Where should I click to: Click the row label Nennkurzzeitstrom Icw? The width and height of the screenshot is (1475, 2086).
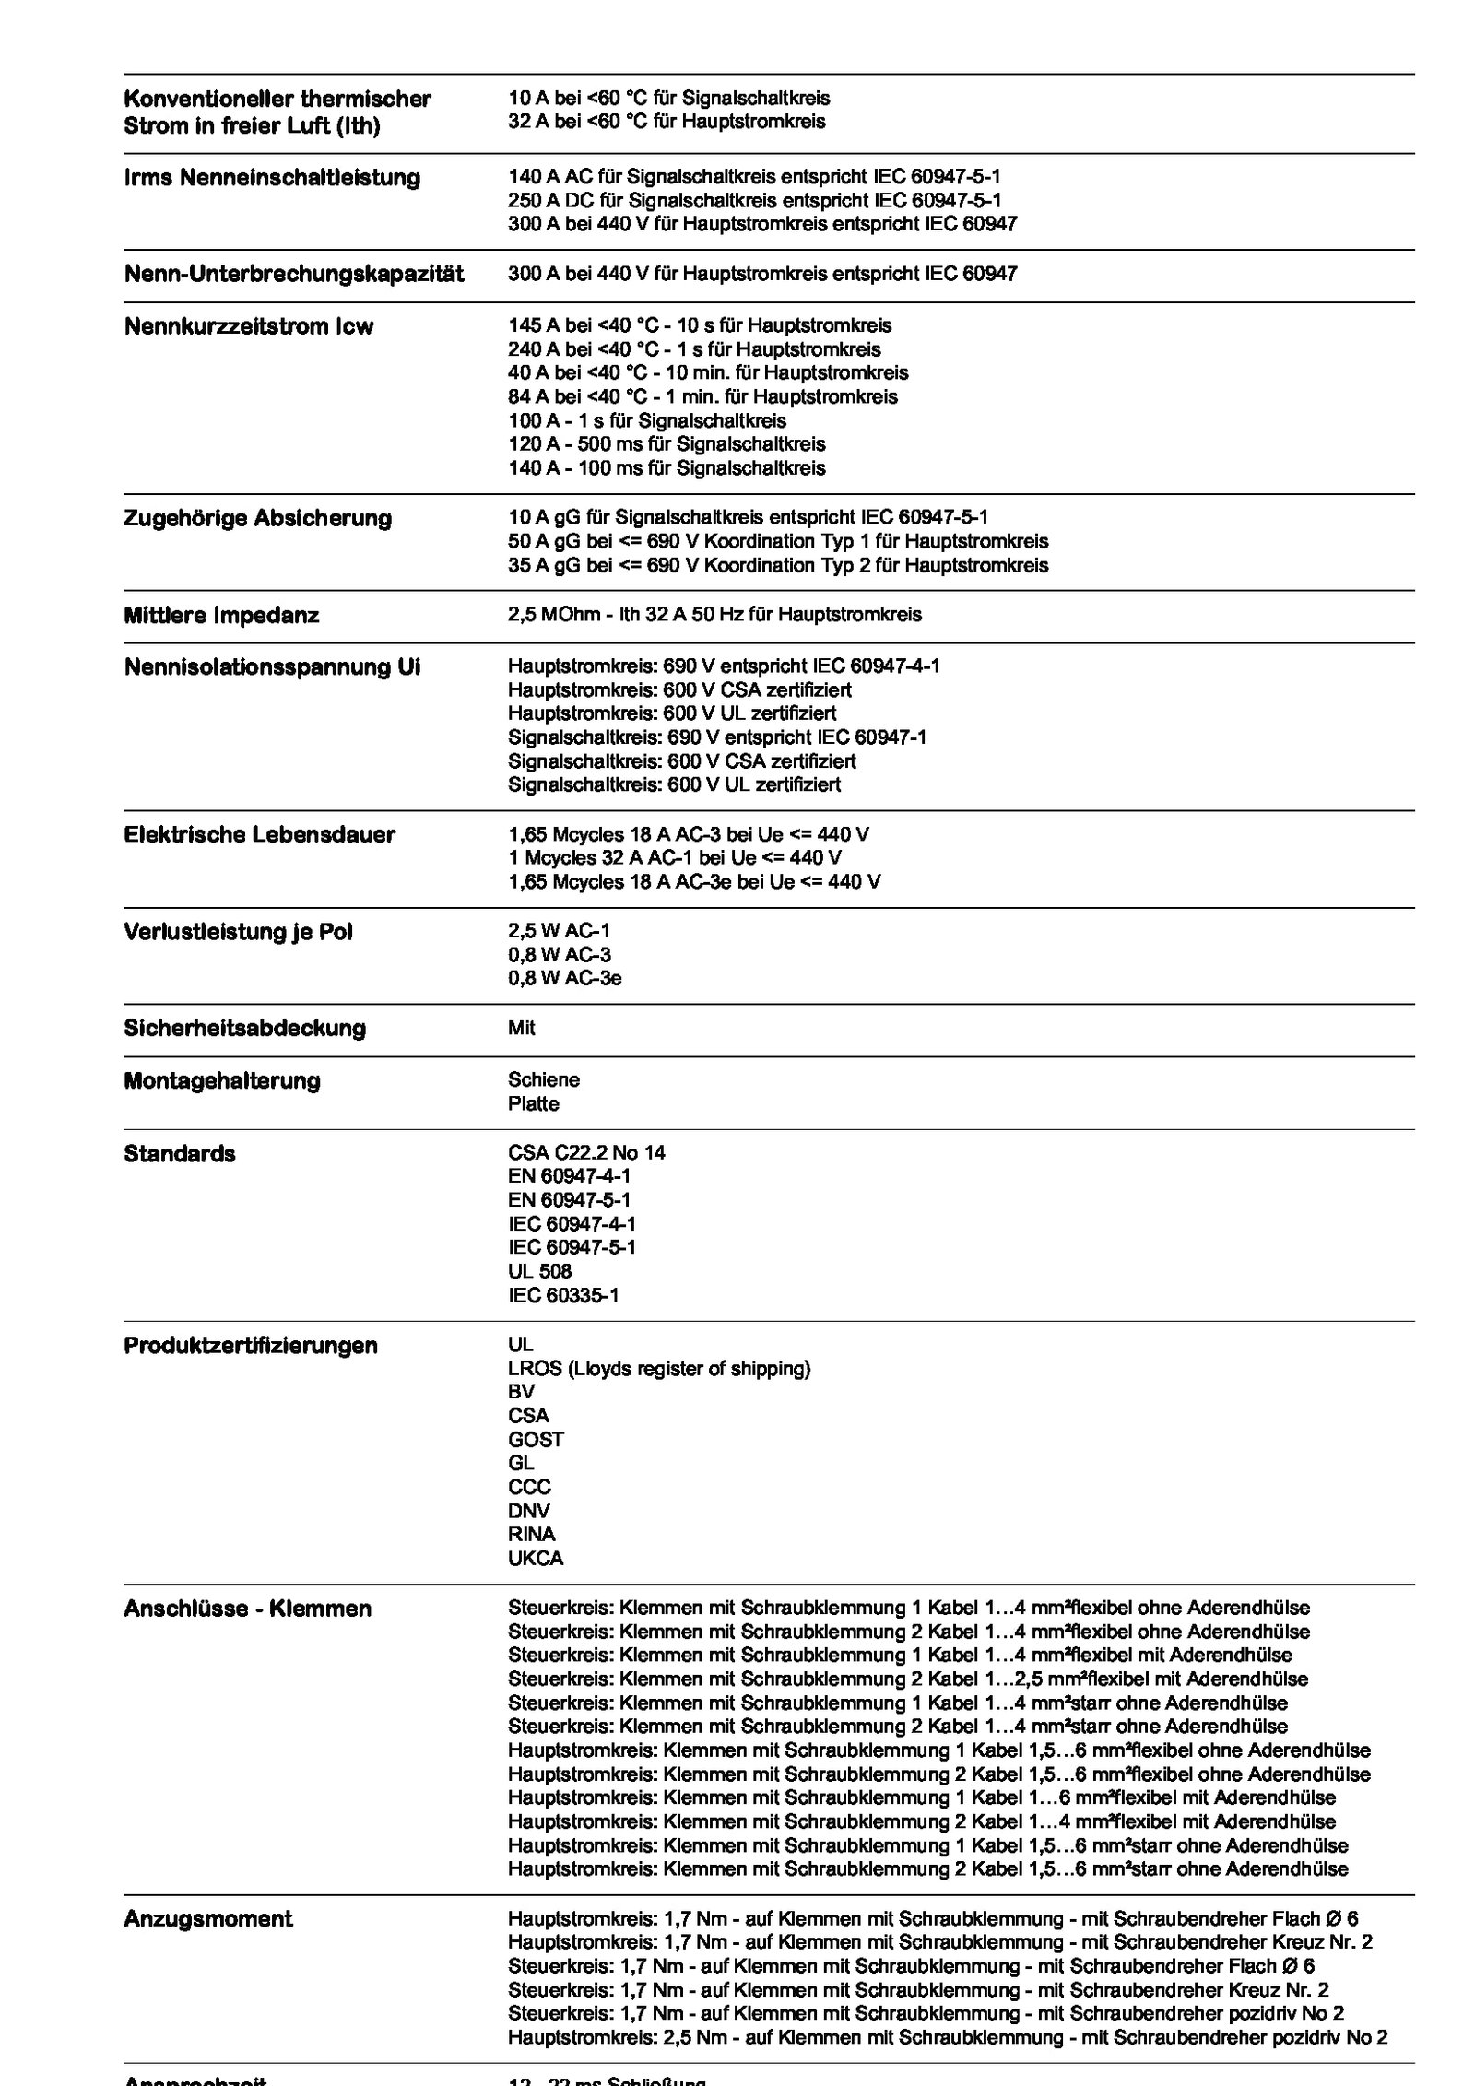coord(248,327)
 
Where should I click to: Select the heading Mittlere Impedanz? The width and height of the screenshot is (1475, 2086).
coord(221,615)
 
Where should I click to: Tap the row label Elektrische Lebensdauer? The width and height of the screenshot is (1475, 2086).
coord(259,835)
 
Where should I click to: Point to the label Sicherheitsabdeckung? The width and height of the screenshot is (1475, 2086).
coord(244,1028)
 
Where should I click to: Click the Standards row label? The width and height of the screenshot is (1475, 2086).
coord(179,1154)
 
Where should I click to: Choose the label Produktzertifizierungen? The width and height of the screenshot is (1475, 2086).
coord(251,1346)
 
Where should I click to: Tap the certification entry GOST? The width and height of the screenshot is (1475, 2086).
coord(536,1440)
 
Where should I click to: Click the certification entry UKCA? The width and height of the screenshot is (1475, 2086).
coord(536,1559)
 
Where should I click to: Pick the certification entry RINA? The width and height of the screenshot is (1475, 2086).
coord(532,1535)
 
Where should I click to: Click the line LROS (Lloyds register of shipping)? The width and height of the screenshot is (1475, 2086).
coord(659,1369)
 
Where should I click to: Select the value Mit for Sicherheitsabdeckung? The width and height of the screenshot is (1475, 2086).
coord(521,1028)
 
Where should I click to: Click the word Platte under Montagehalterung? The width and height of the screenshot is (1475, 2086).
coord(533,1104)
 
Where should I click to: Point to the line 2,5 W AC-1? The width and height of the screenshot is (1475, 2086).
coord(559,932)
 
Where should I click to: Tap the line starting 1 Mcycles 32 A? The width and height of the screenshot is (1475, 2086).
coord(674,858)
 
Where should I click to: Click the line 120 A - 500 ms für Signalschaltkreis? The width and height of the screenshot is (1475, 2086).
coord(667,444)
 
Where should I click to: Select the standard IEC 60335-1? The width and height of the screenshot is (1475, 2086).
coord(563,1296)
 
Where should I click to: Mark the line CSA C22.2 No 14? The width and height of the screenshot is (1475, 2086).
coord(586,1153)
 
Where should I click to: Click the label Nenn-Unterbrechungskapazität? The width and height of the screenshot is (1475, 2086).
coord(294,274)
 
